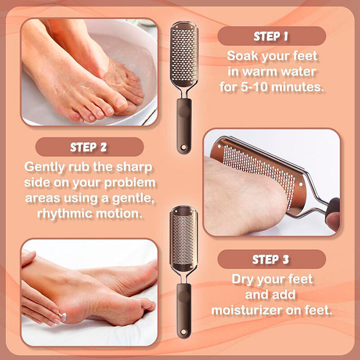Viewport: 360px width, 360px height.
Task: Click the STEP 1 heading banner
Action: (272, 36)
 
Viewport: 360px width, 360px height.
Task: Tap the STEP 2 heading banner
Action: (89, 147)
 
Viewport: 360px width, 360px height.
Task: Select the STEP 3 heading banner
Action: (272, 259)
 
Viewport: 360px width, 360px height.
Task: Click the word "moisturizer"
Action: (246, 310)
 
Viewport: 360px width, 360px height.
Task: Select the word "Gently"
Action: (44, 167)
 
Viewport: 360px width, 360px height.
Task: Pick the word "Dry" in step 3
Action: (242, 280)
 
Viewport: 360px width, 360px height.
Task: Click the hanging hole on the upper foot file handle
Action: (184, 147)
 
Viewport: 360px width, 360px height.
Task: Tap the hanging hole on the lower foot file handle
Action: (184, 332)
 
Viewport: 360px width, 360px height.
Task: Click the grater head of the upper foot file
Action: (184, 55)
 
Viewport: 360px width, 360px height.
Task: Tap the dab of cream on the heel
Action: (63, 317)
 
